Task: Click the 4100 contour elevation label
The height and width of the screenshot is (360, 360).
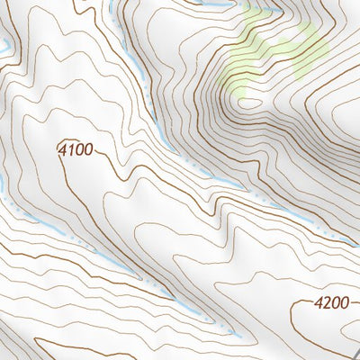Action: (x=75, y=150)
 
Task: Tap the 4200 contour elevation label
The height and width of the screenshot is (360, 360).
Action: (x=331, y=304)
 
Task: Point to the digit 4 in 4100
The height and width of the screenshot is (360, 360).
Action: (x=63, y=150)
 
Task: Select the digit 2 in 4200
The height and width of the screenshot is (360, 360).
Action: (x=327, y=304)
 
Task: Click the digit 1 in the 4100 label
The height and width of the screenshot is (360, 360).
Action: (x=70, y=150)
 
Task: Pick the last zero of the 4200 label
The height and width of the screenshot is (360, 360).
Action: (x=344, y=304)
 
